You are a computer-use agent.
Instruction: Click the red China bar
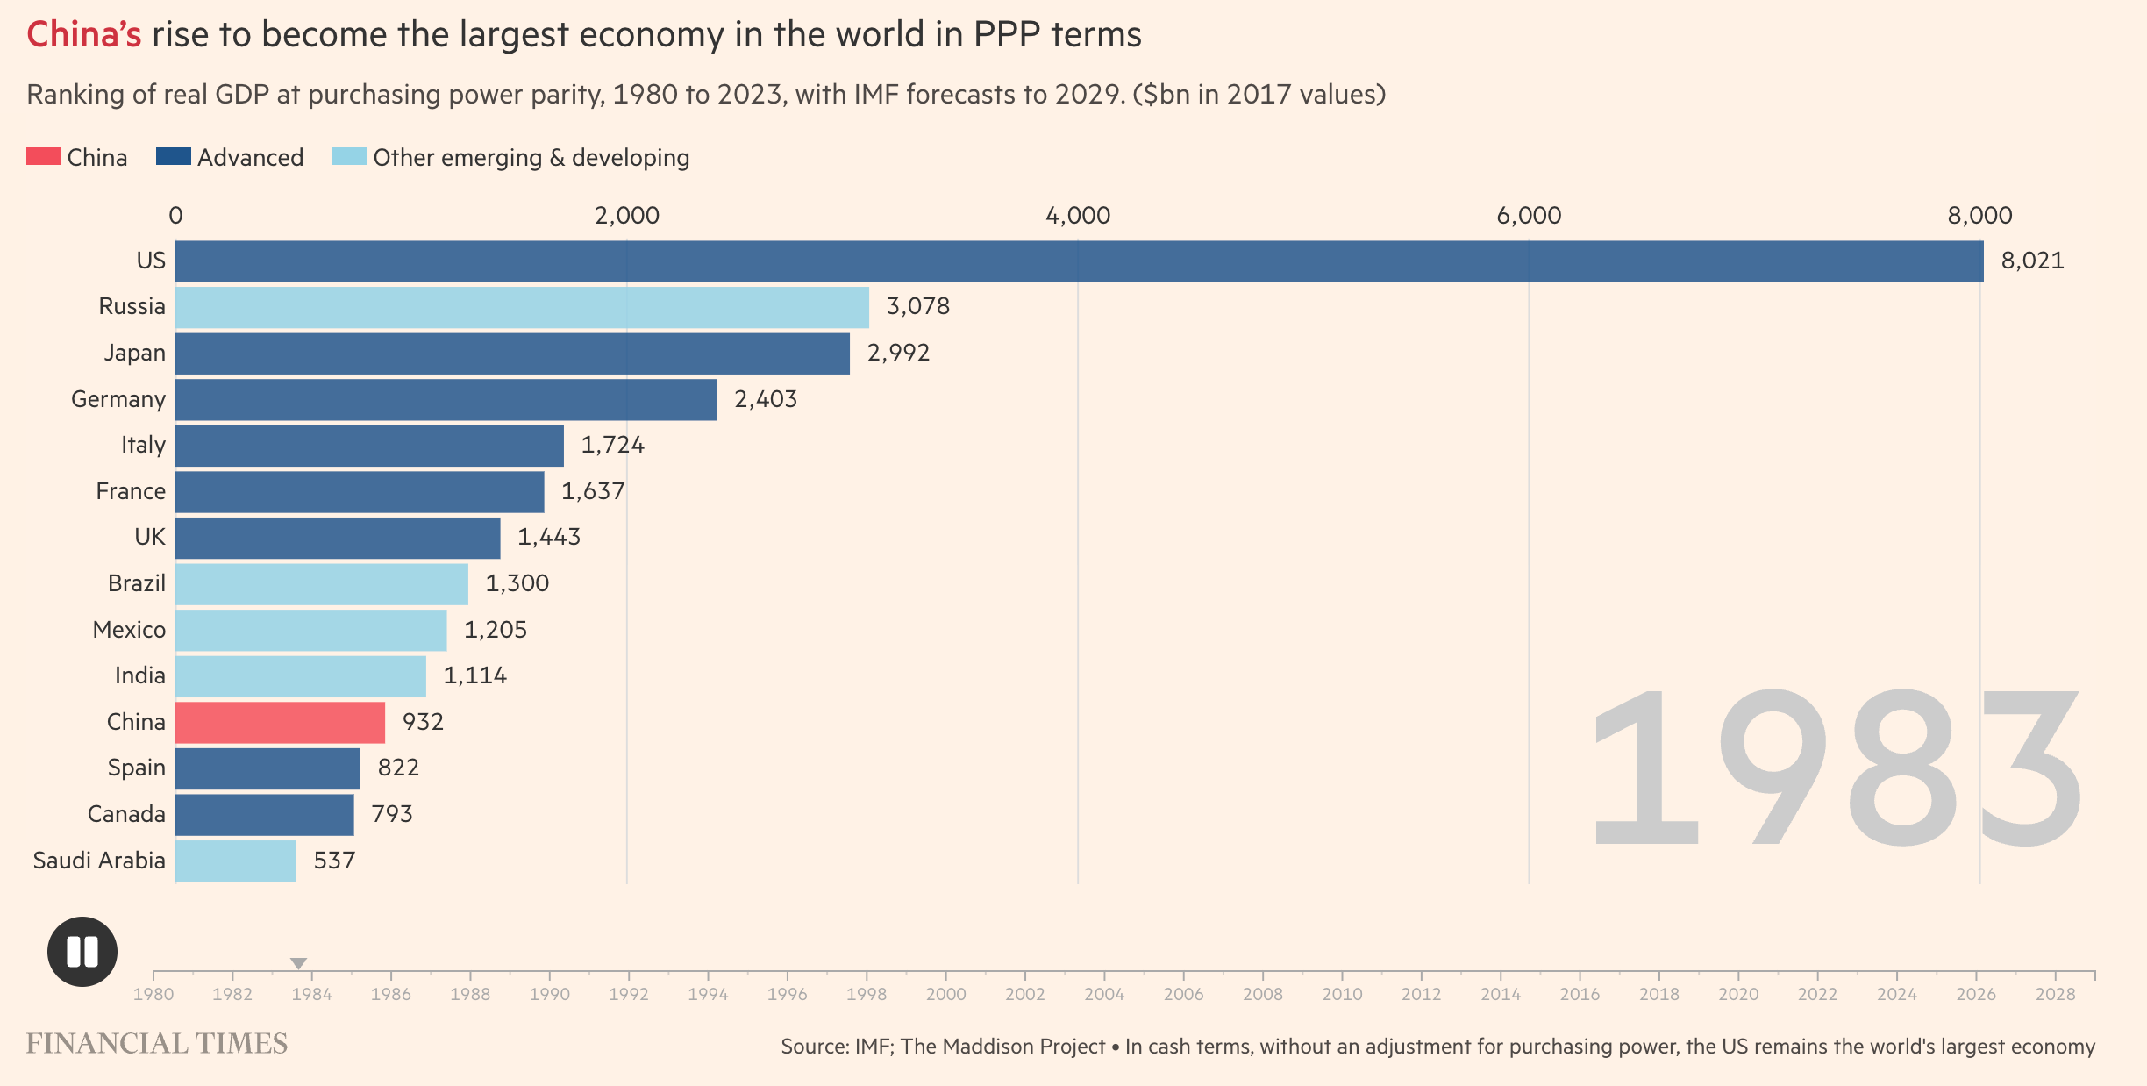[x=280, y=723]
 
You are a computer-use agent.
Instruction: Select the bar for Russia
[x=522, y=307]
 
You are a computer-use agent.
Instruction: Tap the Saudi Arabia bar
[x=235, y=861]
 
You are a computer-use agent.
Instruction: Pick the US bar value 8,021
[x=2032, y=261]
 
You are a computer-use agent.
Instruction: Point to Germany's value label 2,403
[x=766, y=399]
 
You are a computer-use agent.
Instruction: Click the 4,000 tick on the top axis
[x=1077, y=216]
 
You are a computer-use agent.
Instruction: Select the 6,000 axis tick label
[x=1529, y=216]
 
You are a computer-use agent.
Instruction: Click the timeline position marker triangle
[x=298, y=963]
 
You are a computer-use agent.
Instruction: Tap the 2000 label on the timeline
[x=945, y=994]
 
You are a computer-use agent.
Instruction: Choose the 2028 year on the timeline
[x=2055, y=994]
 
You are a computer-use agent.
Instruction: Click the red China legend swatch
[x=43, y=157]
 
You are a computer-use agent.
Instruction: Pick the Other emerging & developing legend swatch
[x=349, y=157]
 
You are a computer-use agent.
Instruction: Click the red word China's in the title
[x=84, y=35]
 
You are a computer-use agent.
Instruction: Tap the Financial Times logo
[x=157, y=1043]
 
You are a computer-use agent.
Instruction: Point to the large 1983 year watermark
[x=1835, y=768]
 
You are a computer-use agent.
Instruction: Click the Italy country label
[x=143, y=446]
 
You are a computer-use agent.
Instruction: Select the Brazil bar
[x=321, y=584]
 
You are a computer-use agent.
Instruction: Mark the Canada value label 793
[x=391, y=814]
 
